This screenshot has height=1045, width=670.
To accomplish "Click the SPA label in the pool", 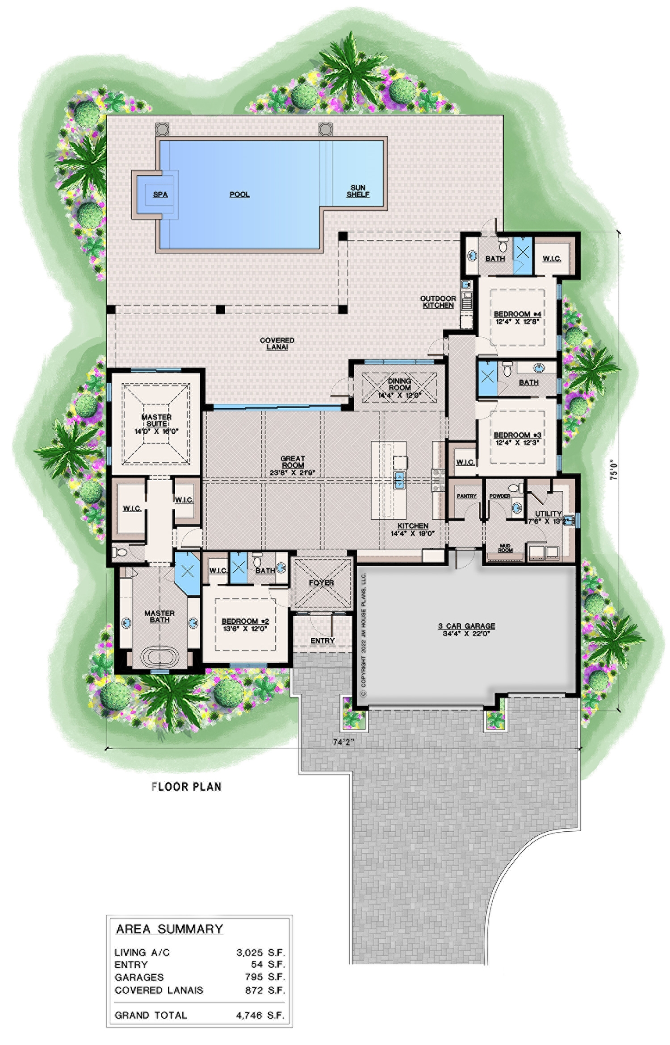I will tap(160, 195).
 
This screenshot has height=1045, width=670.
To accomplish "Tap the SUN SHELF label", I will tap(358, 191).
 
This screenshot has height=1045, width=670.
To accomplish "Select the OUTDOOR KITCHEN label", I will tap(438, 302).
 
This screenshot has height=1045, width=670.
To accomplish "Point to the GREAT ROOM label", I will tap(293, 462).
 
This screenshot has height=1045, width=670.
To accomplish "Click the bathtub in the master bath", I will tap(159, 658).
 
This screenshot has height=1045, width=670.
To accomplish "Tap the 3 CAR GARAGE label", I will tap(466, 626).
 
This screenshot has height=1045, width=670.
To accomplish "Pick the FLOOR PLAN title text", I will tap(186, 787).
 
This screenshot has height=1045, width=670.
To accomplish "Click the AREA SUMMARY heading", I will tap(169, 929).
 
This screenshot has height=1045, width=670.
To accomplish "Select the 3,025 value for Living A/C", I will tap(251, 953).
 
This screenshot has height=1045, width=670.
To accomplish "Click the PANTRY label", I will tap(466, 496).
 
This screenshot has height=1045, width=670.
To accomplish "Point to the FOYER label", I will tap(321, 583).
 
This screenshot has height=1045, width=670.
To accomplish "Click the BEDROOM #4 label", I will tap(518, 314).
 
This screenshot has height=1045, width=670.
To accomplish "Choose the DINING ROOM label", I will tap(399, 384).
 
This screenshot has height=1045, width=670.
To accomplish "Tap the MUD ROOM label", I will tap(505, 547).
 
